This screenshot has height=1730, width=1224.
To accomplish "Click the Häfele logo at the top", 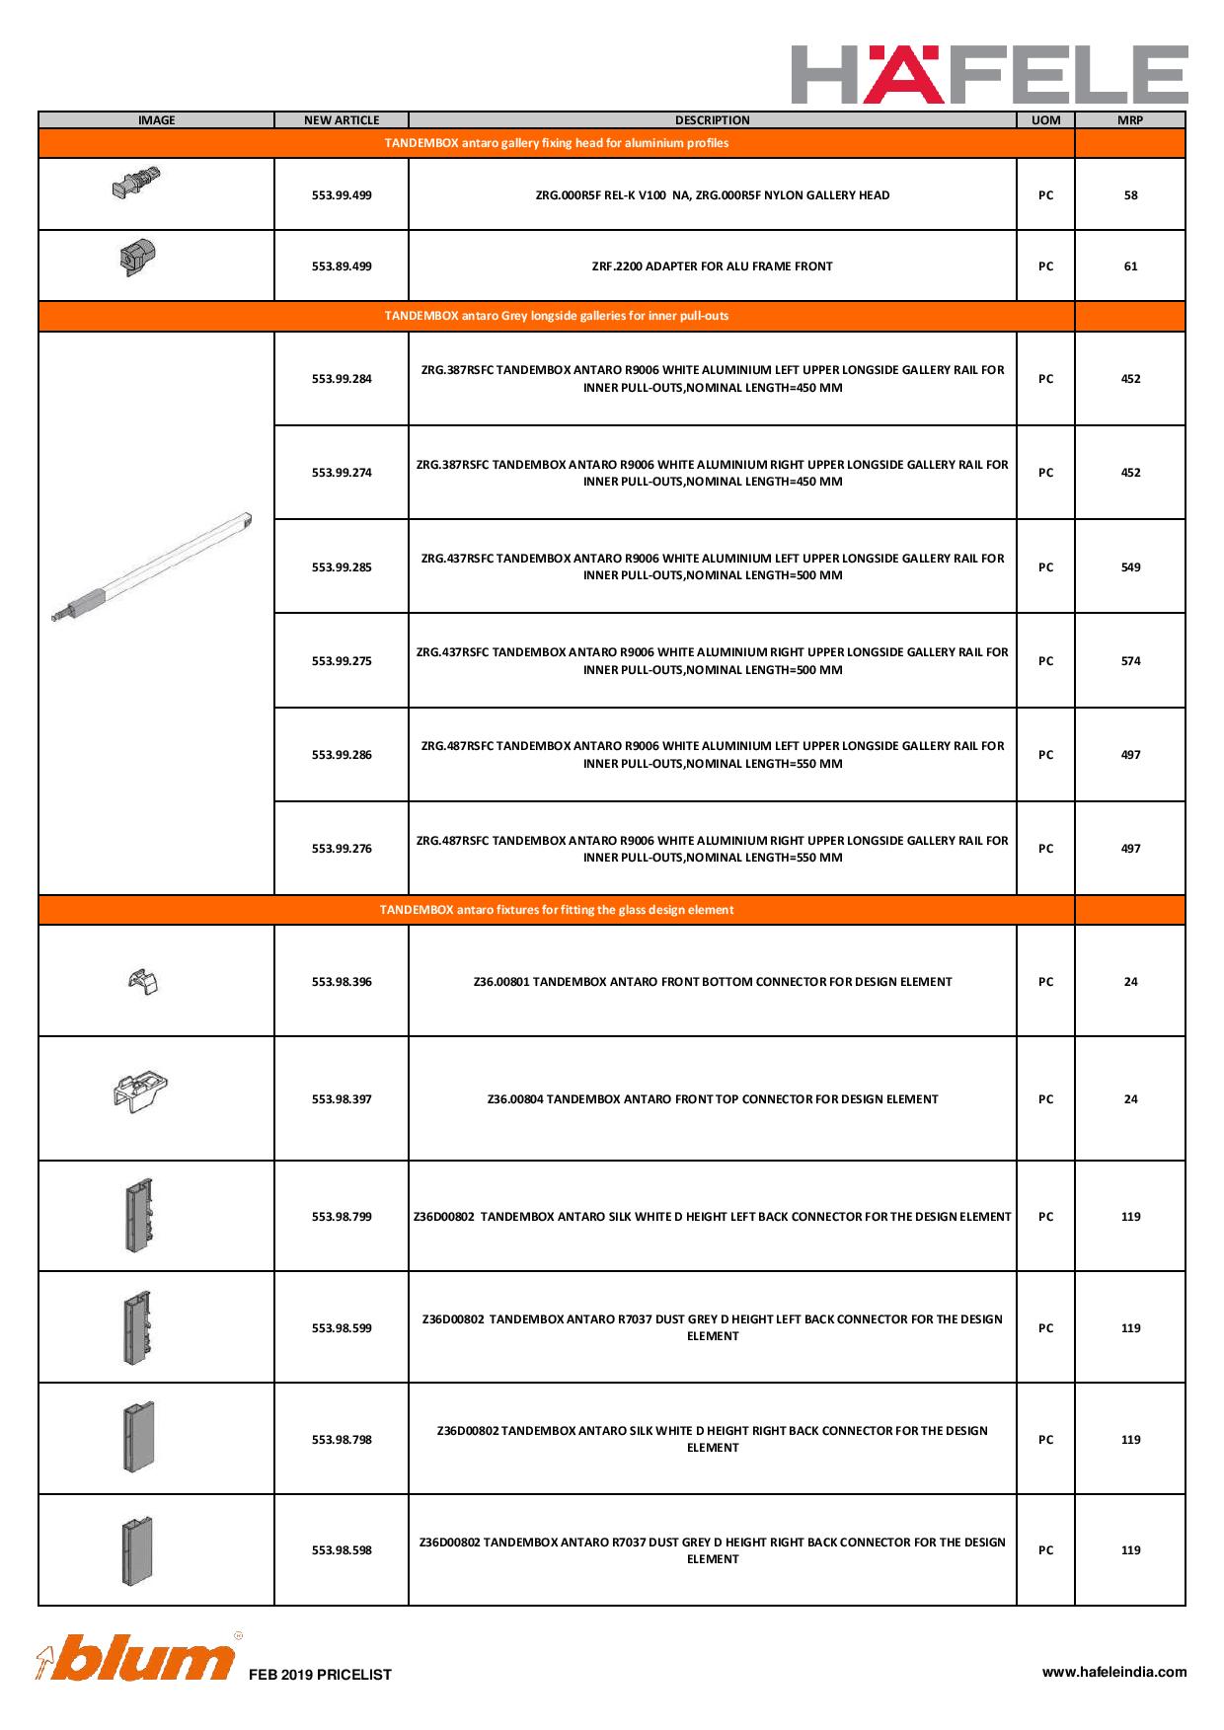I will tap(989, 74).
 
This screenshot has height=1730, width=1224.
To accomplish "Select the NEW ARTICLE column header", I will tap(342, 120).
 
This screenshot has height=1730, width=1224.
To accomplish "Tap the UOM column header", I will tap(1045, 120).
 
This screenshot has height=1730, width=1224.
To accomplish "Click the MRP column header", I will tap(1130, 120).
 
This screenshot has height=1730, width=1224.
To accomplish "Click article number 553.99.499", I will tap(342, 195).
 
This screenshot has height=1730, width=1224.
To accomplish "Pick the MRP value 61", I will tap(1130, 266).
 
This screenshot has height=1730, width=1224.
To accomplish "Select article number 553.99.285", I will tap(342, 567).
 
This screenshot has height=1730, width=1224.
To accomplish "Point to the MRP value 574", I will tap(1130, 661).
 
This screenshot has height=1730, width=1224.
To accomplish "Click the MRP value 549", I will tap(1130, 567).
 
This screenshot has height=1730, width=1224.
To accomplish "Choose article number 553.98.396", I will tap(342, 982).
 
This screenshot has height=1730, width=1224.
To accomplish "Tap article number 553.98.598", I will tap(342, 1550).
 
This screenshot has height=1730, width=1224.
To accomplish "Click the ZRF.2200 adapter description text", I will tap(712, 266).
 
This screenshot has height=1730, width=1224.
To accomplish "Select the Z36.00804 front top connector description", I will tap(712, 1099).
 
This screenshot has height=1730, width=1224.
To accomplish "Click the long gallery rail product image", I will tap(153, 567).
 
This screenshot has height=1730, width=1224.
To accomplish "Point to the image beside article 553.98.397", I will tap(141, 1091).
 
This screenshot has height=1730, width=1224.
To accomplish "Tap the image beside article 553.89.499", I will tap(137, 259).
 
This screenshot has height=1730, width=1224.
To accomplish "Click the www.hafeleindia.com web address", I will tap(1114, 1672).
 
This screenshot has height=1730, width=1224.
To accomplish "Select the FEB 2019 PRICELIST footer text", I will tap(320, 1675).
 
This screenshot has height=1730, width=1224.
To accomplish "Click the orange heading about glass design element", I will tap(557, 910).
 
